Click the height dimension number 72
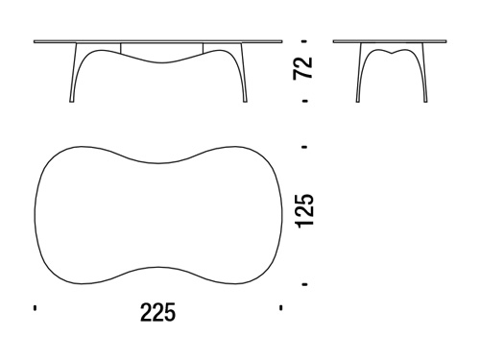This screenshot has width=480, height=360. (302, 68)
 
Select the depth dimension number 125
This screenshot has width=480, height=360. (305, 211)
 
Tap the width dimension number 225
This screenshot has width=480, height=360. (158, 312)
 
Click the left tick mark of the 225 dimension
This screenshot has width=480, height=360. (35, 308)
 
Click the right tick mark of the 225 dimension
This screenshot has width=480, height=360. (280, 308)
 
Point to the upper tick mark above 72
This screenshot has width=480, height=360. (304, 41)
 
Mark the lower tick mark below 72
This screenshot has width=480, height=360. (304, 101)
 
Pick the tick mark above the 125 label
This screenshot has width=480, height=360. (304, 147)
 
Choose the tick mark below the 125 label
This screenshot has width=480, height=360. (304, 284)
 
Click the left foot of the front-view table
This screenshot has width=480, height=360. (72, 101)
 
